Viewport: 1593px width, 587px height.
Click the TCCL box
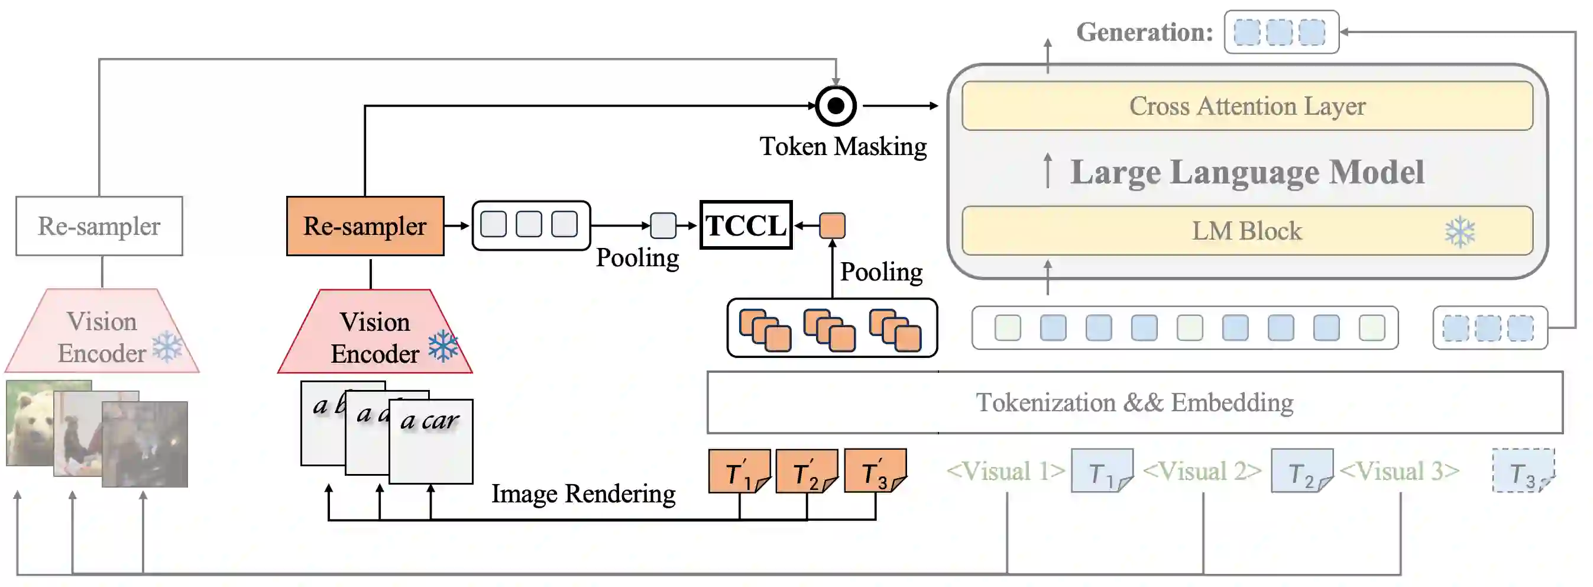coord(746,225)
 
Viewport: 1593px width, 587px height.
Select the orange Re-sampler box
coord(365,226)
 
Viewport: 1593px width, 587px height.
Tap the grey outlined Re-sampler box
coord(99,226)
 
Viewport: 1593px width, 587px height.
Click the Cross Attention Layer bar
coord(1246,106)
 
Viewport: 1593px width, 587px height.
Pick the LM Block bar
coord(1246,231)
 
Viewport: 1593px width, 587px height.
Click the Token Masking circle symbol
coord(836,106)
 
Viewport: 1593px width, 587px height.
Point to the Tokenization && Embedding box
coord(1134,402)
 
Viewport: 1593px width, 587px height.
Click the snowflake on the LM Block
coord(1460,231)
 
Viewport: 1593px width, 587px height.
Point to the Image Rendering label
coord(582,494)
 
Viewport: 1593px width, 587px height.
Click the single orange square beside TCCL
coord(833,225)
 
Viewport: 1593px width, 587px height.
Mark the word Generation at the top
coord(1144,32)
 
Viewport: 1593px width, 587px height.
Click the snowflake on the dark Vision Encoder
coord(443,346)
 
